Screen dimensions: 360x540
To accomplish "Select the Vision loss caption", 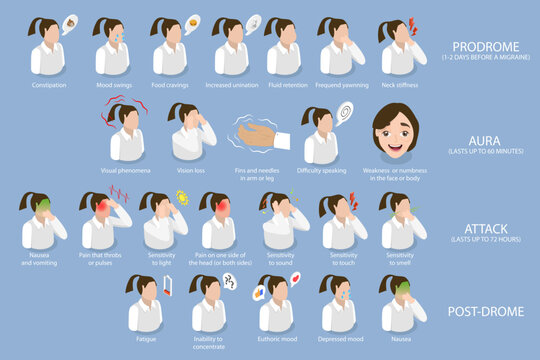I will tap(191, 170).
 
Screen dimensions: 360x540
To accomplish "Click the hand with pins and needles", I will tap(258, 135).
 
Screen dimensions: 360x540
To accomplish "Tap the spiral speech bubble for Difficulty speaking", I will tap(344, 112).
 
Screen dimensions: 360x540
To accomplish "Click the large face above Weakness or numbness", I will tap(395, 130).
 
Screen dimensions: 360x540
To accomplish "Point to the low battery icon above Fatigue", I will tap(165, 287).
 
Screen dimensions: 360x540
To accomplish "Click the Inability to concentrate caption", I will tap(209, 345).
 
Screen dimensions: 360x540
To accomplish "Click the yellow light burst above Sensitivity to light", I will tap(182, 197).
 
